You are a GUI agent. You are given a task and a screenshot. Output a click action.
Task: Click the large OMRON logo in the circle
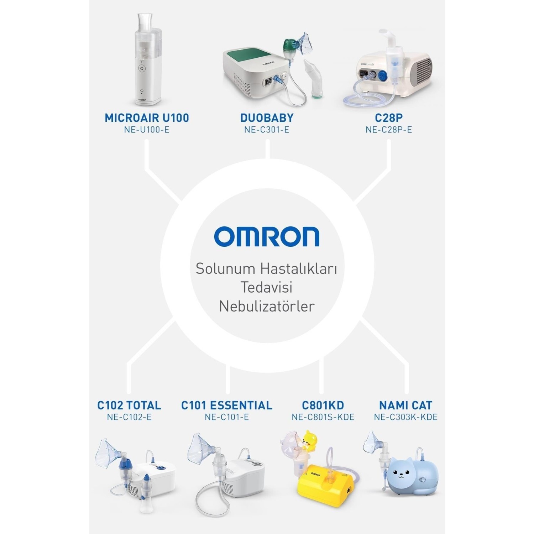pos(267,237)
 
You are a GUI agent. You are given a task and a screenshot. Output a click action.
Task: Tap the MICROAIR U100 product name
pos(147,118)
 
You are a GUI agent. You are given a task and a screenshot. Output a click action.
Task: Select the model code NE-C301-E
pos(267,130)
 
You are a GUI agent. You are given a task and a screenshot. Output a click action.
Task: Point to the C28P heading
pos(388,118)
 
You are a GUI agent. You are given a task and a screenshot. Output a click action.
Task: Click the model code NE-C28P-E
pos(388,130)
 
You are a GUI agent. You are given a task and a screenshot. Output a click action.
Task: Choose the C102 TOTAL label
pos(129,405)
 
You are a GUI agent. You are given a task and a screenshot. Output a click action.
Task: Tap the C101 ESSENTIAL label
pos(227,405)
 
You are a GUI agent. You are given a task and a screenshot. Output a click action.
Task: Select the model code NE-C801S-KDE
pos(323,417)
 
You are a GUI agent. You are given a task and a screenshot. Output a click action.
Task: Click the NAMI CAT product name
pos(405,405)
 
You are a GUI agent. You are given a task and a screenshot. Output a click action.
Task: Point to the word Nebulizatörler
pos(267,306)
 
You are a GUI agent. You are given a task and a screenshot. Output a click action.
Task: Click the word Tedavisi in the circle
pos(267,287)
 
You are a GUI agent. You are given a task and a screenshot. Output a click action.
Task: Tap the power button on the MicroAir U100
pos(142,68)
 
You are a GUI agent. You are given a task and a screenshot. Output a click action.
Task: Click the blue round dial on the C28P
pos(382,75)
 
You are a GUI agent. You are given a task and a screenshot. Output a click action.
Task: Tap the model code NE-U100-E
pos(147,130)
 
